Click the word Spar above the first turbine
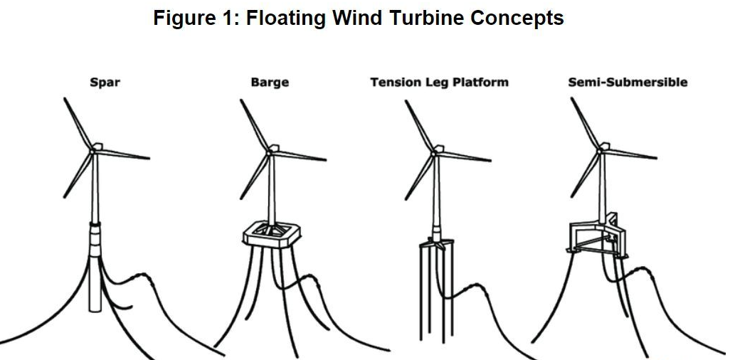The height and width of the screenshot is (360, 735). coord(105,83)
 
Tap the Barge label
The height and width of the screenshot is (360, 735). coord(270,83)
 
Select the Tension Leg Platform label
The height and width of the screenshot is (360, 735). coord(439,83)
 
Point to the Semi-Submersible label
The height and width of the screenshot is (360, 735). coord(628,83)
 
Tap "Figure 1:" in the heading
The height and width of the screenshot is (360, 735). coord(196,18)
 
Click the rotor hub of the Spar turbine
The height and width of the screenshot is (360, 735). coord(92,149)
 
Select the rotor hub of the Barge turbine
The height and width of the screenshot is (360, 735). coord(268,150)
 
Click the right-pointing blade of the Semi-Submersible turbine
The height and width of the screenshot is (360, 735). coord(630,155)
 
